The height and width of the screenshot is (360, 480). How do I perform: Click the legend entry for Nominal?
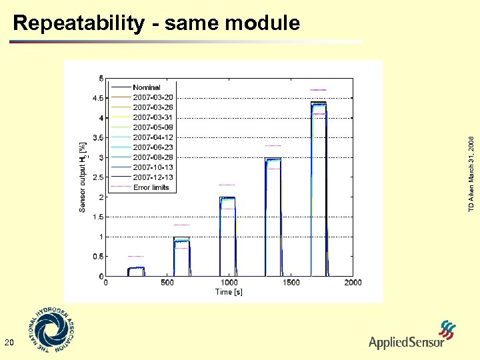coord(146,87)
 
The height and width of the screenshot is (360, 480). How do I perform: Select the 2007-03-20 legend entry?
coord(153,97)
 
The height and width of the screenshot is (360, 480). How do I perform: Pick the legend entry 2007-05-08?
coord(153,127)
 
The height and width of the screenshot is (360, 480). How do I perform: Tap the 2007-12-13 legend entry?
coord(153,177)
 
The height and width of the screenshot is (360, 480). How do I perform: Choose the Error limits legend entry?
coord(151,187)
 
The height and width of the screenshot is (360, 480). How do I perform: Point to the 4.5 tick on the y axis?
coord(98,98)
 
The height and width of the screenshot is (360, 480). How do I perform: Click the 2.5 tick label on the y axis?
coord(98,177)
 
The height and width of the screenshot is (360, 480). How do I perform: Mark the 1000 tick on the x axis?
coord(229,283)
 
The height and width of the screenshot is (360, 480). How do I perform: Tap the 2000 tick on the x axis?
coord(353,283)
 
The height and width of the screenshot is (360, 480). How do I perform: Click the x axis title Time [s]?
coord(229,292)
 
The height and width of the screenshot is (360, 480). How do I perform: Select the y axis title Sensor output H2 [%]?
coord(83,177)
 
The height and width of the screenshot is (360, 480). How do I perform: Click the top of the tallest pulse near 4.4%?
coord(319,103)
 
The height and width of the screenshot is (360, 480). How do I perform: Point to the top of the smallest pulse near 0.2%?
coord(136,267)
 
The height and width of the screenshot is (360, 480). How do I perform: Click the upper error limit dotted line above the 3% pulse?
coord(273,145)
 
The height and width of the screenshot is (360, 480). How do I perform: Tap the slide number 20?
coord(9,343)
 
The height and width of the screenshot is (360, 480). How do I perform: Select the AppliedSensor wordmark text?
coord(406,343)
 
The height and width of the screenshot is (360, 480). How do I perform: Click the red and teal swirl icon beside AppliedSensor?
coord(448,330)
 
